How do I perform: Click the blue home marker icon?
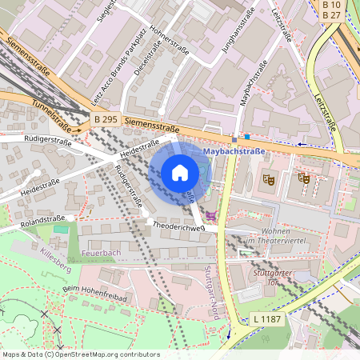[180, 172]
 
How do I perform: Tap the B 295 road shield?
[106, 119]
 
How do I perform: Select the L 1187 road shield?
[266, 319]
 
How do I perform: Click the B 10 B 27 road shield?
[332, 10]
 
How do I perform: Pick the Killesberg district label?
[54, 254]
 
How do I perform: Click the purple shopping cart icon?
[211, 215]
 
